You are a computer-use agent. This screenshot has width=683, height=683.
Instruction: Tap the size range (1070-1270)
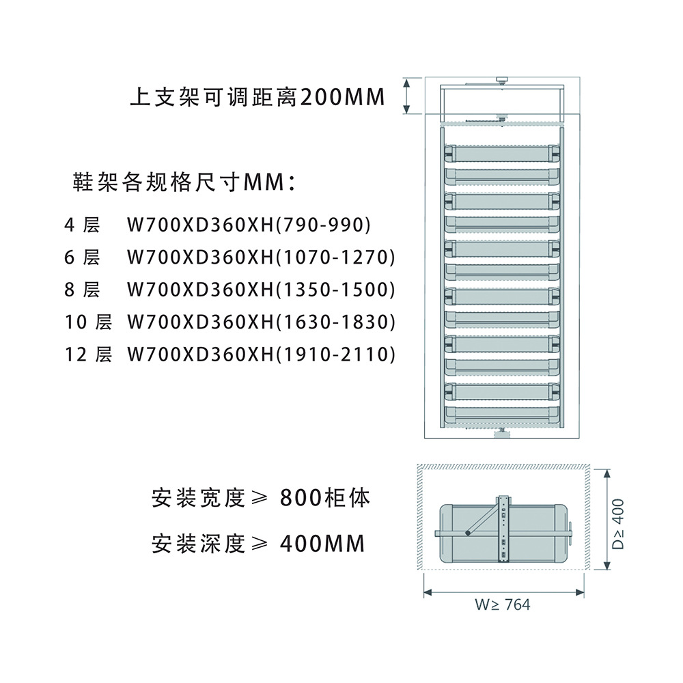[335, 257]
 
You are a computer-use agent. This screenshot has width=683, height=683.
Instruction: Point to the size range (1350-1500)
[335, 290]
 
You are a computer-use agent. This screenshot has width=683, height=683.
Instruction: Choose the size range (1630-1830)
[335, 322]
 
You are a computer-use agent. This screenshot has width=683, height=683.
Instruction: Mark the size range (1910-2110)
[335, 354]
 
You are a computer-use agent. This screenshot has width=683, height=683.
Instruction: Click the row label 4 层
[81, 224]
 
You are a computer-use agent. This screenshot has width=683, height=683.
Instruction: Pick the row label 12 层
[88, 354]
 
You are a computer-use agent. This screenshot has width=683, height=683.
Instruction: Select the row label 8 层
[81, 290]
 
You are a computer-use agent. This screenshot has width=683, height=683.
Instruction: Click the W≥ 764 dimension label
[503, 604]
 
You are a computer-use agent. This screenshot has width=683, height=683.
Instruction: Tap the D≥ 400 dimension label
[618, 525]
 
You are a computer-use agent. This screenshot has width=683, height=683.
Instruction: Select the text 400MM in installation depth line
[322, 544]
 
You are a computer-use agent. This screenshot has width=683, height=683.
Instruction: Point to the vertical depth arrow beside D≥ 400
[605, 520]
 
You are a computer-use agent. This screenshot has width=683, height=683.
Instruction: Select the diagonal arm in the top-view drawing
[483, 519]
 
